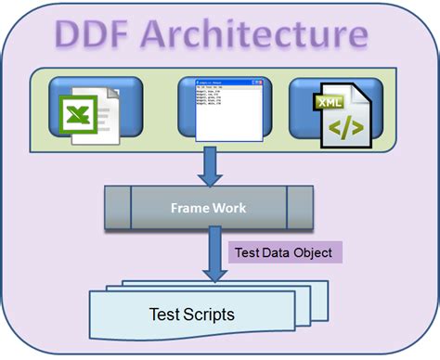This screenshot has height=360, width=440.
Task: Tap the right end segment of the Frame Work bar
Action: pos(299,208)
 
